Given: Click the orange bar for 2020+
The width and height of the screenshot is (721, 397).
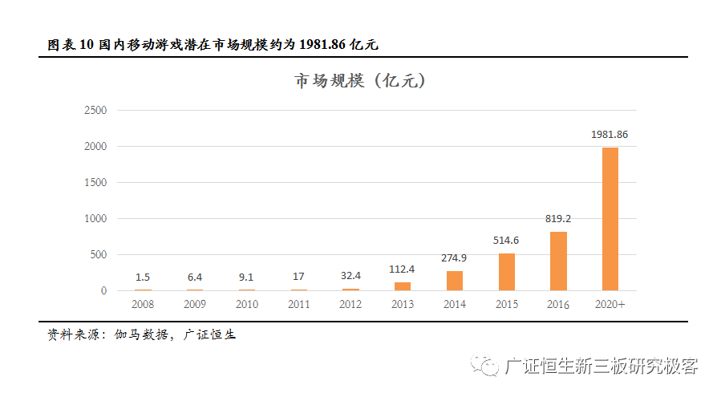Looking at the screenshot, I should click(610, 219).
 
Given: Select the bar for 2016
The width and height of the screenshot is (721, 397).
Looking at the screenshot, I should click(558, 261).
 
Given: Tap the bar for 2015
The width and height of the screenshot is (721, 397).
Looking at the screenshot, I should click(506, 272).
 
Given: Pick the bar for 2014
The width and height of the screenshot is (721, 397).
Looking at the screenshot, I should click(454, 281).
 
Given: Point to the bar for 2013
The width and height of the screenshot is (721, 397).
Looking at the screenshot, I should click(402, 286).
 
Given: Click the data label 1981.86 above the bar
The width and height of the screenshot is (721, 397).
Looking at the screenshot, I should click(610, 135).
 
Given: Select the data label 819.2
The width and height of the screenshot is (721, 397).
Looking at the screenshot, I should click(558, 218).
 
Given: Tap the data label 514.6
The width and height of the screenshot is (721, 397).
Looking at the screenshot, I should click(506, 240).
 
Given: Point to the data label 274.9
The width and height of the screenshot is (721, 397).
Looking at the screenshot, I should click(454, 257).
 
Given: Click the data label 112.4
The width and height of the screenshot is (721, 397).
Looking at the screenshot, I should click(402, 269).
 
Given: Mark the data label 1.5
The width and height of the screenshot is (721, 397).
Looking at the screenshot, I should click(143, 277).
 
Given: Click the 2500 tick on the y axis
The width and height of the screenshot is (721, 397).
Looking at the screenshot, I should click(95, 111).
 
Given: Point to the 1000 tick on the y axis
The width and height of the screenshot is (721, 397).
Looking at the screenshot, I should click(95, 219).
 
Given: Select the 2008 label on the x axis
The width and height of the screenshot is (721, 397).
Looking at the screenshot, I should click(143, 305).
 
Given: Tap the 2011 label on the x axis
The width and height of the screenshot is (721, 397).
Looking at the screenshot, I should click(298, 305).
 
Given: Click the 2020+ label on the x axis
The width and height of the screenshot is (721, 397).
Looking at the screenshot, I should click(610, 305).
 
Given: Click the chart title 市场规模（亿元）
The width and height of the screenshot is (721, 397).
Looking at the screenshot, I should click(360, 82).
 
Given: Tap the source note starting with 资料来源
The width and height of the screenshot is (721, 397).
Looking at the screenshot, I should click(141, 334).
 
